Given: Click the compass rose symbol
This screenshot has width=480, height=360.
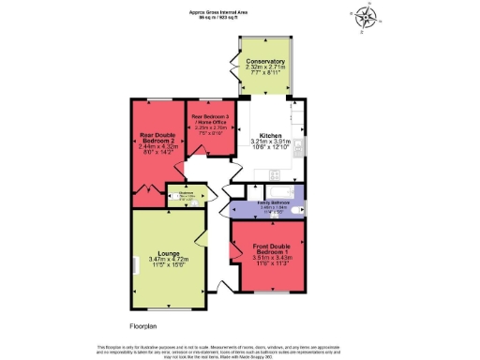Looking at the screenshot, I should click(x=367, y=17).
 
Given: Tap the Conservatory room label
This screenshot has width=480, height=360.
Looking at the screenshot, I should click(x=265, y=62).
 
